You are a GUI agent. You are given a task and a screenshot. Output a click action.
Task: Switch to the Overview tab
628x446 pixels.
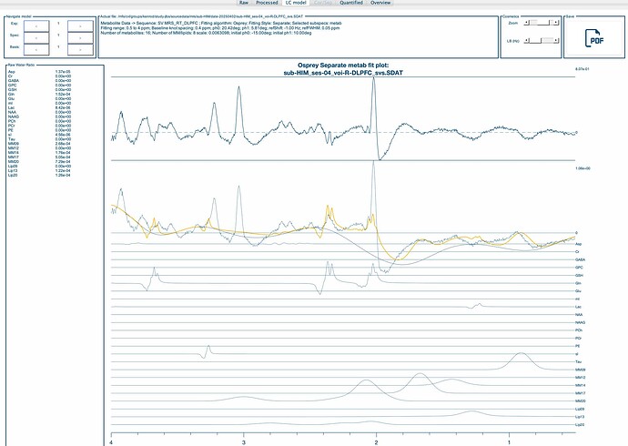(x=380, y=4)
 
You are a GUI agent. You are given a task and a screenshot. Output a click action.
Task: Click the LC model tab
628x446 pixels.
(x=295, y=4)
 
